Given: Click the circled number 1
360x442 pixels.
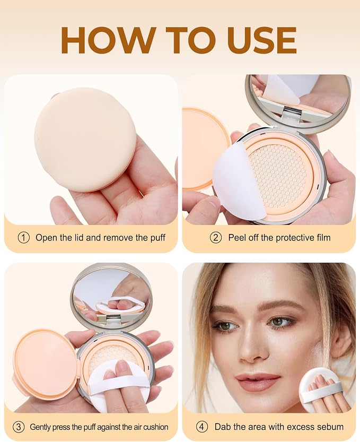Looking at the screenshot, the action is [x=24, y=238].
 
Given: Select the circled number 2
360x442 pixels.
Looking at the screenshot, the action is [x=216, y=238].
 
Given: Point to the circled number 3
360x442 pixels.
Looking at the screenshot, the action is [x=19, y=427].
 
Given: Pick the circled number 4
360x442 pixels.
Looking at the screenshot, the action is [x=202, y=427].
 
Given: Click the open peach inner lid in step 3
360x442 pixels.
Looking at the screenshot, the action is [x=45, y=367].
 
